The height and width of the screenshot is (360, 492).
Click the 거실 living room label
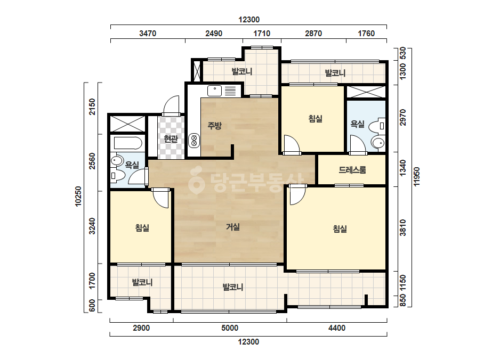click(233, 227)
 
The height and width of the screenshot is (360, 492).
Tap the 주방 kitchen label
click(215, 126)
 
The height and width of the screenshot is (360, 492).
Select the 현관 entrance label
click(171, 138)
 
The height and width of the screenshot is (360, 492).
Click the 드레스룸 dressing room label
click(352, 170)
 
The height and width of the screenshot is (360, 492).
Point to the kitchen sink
click(215, 91)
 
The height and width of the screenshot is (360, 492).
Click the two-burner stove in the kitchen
click(194, 141)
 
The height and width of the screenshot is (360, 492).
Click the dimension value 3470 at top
click(148, 33)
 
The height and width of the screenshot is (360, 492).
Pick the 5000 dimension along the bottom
click(230, 328)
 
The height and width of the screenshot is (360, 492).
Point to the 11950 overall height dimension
click(417, 176)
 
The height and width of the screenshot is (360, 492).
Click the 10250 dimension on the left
click(78, 197)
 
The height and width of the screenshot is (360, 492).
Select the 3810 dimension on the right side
click(403, 228)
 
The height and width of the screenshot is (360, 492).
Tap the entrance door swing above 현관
click(171, 105)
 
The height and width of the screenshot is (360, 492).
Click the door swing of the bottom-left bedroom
click(162, 198)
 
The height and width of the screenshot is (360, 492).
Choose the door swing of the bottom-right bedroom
click(297, 195)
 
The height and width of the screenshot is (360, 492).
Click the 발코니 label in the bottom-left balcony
click(142, 283)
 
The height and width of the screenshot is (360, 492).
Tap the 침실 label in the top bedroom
click(316, 119)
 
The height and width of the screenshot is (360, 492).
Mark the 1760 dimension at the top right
click(366, 33)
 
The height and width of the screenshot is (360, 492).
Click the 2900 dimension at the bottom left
click(141, 328)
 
